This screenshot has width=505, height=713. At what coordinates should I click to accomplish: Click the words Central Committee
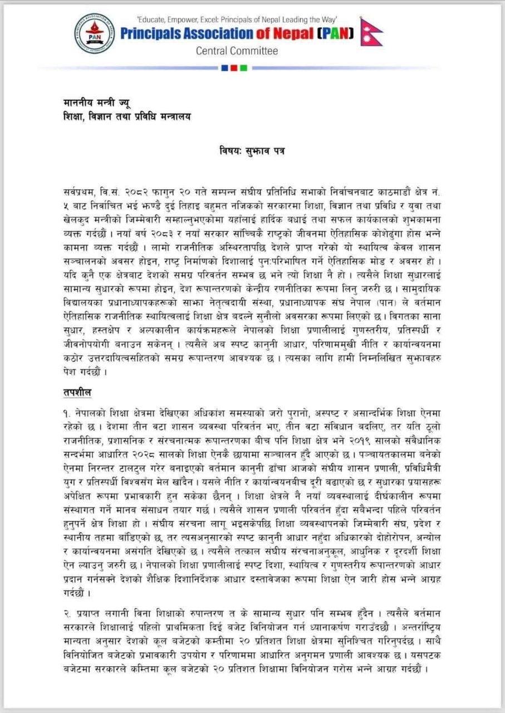tap(237, 51)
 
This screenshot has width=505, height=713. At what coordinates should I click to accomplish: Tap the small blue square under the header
tap(224, 68)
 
